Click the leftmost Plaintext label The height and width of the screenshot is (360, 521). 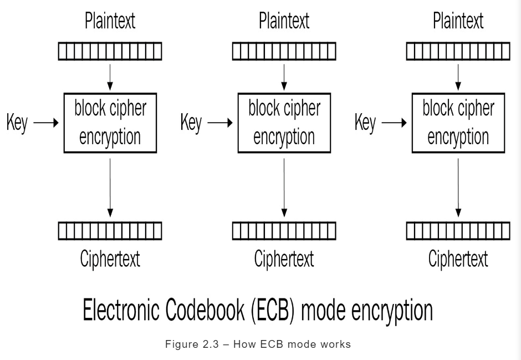[x=110, y=22]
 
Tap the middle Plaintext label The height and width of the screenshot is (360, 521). [x=284, y=22]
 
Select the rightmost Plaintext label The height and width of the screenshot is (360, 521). [x=458, y=22]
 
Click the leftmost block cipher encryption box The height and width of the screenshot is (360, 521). [x=110, y=123]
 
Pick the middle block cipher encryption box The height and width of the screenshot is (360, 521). [x=284, y=123]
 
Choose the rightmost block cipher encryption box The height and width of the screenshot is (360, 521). [x=458, y=123]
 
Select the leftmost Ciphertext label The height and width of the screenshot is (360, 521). [x=110, y=258]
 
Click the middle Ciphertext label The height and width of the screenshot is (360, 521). [x=284, y=258]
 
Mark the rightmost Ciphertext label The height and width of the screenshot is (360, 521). [x=458, y=258]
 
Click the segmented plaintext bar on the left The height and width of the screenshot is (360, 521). [x=110, y=52]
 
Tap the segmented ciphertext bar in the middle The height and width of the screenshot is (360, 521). [x=284, y=230]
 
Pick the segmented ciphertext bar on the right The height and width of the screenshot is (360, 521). [x=458, y=230]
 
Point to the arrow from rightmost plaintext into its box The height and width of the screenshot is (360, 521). [x=458, y=77]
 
